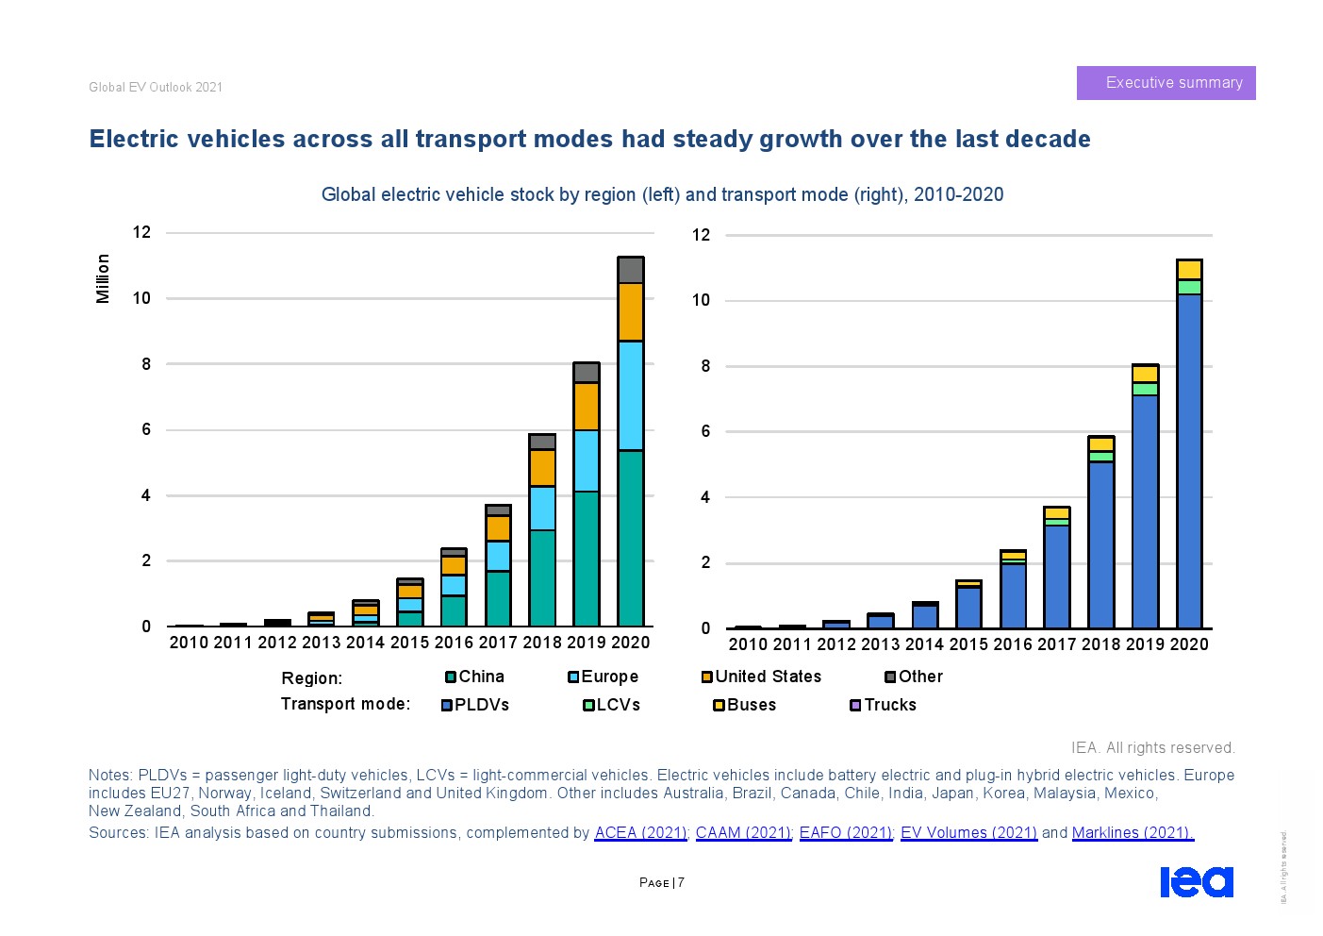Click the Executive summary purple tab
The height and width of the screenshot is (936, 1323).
[x=1166, y=83]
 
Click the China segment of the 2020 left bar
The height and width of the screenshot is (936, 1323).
[x=630, y=538]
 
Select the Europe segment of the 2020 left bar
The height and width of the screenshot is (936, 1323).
[x=630, y=395]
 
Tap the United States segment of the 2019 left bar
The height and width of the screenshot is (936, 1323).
[x=587, y=407]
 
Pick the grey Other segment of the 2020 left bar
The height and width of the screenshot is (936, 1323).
[x=630, y=270]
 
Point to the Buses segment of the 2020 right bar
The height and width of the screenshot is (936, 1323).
[x=1189, y=270]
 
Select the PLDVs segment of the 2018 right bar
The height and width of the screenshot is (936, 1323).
[x=1100, y=544]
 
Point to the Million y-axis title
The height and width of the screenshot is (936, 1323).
[x=103, y=278]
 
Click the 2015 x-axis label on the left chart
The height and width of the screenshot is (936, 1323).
[x=409, y=643]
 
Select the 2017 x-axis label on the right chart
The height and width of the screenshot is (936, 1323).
[x=1056, y=644]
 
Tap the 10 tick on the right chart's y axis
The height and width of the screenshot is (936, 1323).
[x=701, y=300]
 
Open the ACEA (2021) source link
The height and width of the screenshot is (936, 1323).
[x=640, y=832]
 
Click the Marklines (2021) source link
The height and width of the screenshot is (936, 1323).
[x=1133, y=832]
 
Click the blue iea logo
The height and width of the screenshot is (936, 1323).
[x=1196, y=881]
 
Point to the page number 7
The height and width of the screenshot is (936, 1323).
[x=681, y=883]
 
